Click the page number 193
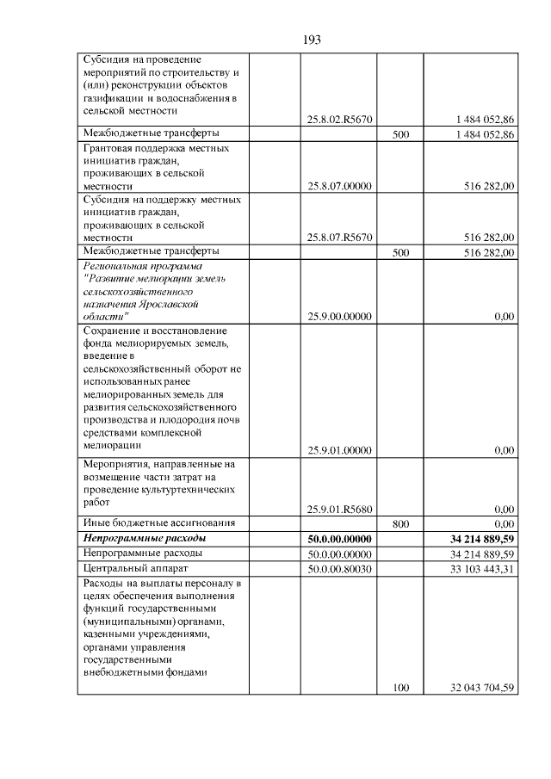pos(312,40)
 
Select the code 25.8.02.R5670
pos(339,119)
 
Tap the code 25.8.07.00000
pos(339,185)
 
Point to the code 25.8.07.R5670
pos(339,238)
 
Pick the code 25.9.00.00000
pos(339,317)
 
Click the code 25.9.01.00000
pos(339,449)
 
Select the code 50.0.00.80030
pos(339,568)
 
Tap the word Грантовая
pos(109,148)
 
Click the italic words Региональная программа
pos(141,267)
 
